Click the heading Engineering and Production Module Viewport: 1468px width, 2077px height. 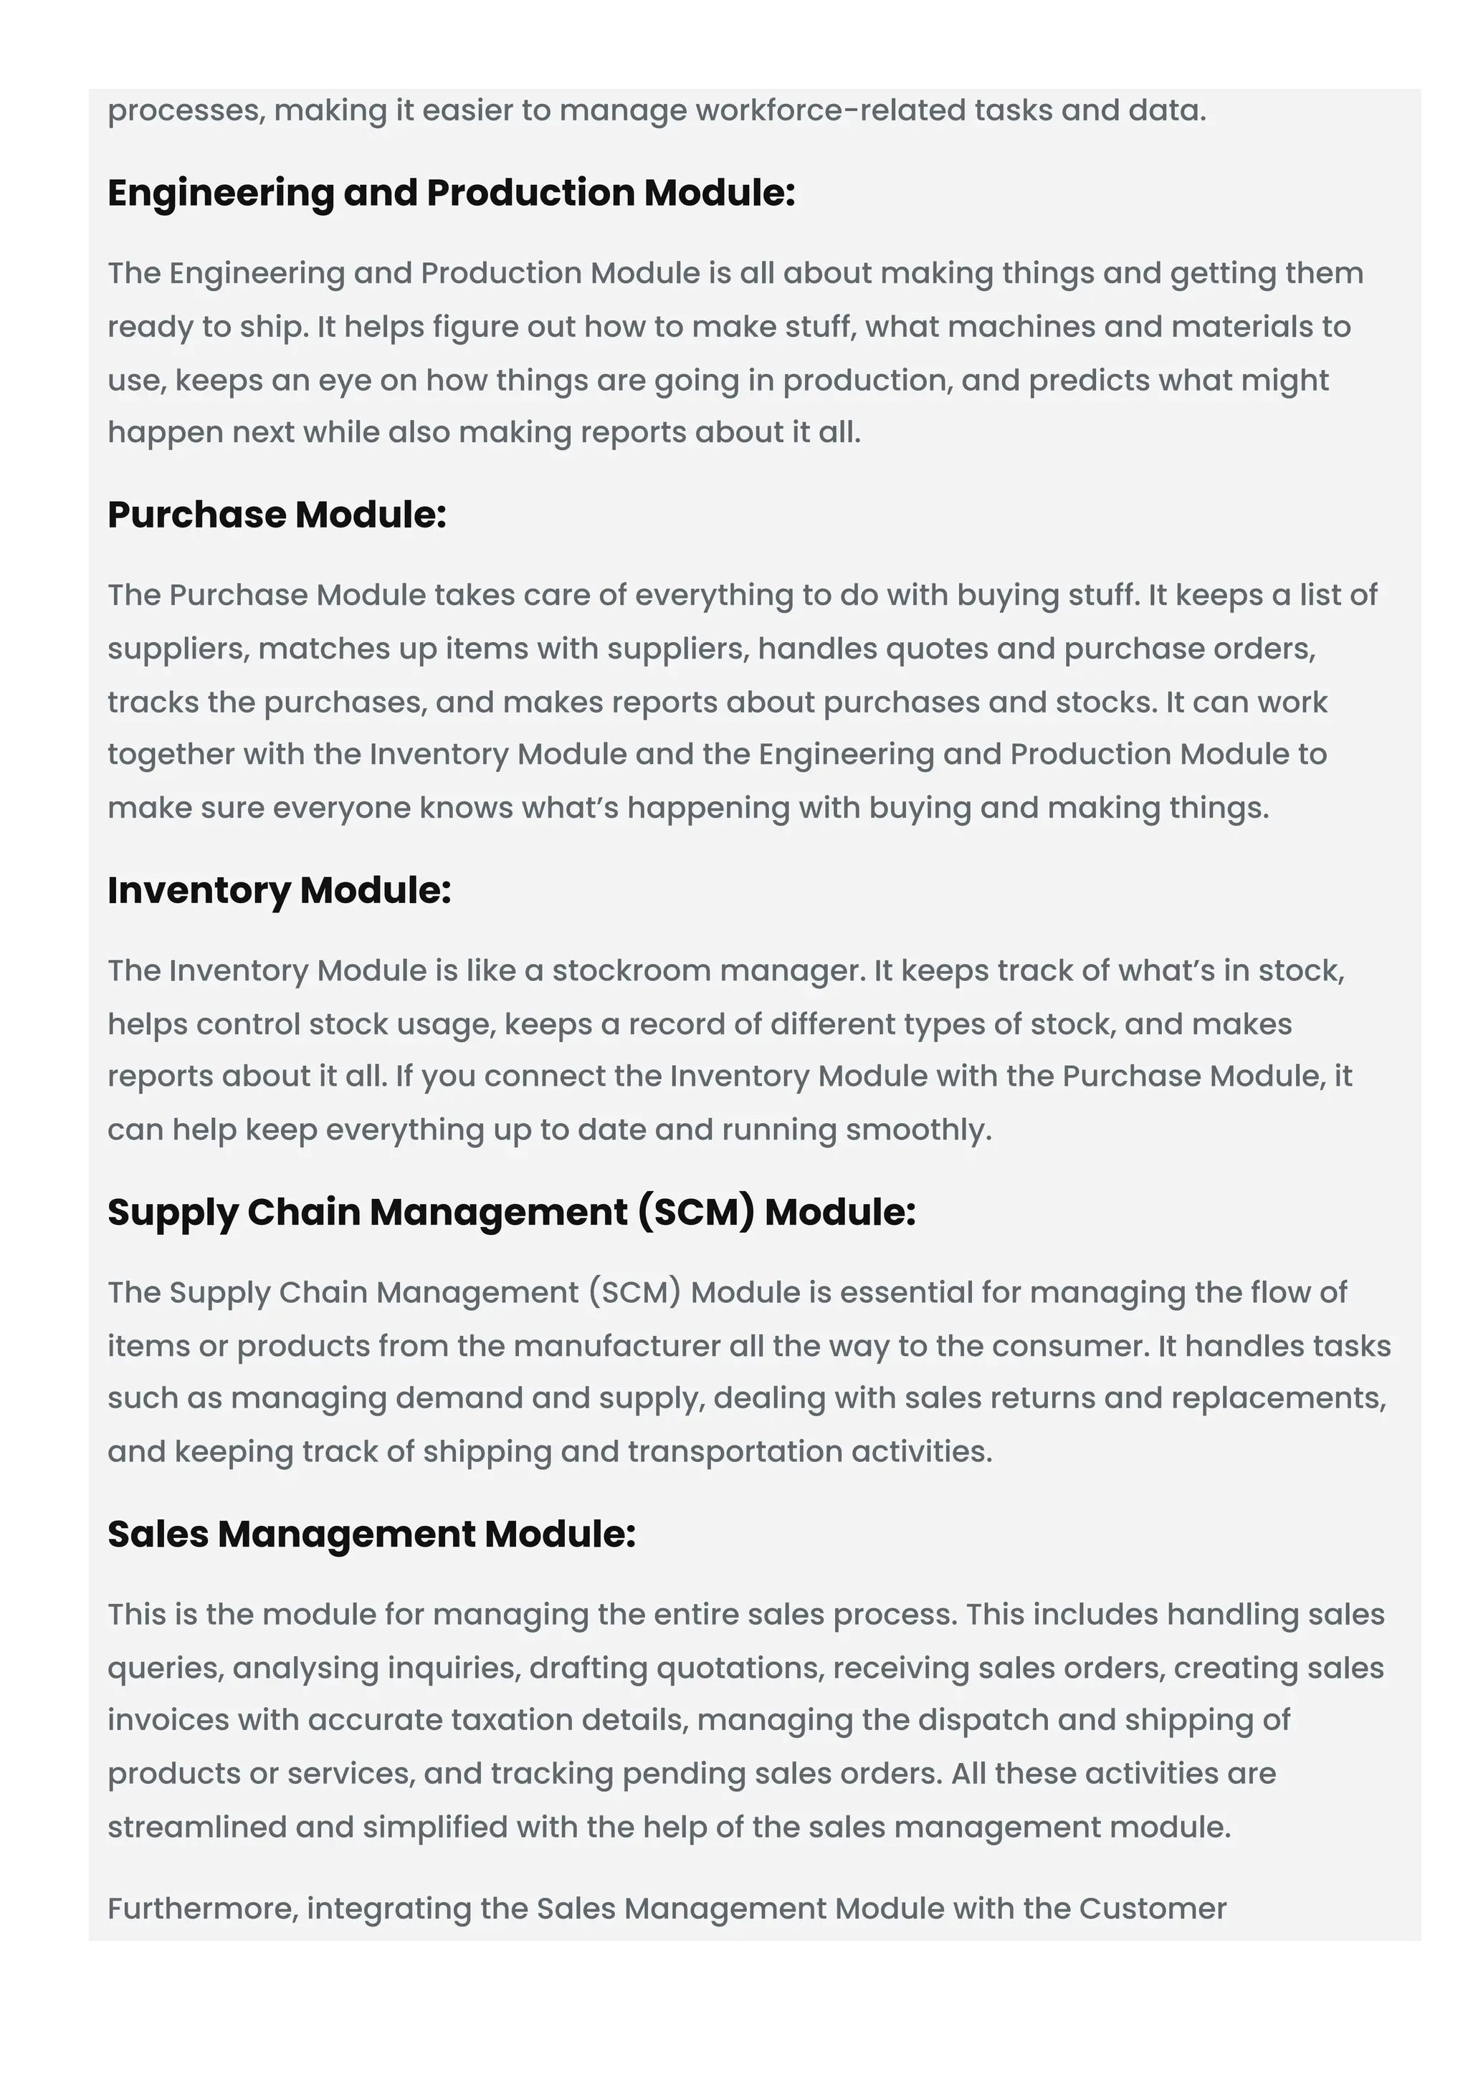coord(450,193)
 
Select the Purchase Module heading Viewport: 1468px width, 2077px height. coord(277,515)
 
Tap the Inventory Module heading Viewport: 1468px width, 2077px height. coord(279,890)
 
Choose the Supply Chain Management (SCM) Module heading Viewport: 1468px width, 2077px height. coord(511,1212)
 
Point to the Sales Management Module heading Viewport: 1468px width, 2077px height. coord(371,1534)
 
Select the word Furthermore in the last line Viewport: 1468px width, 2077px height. coord(203,1909)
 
